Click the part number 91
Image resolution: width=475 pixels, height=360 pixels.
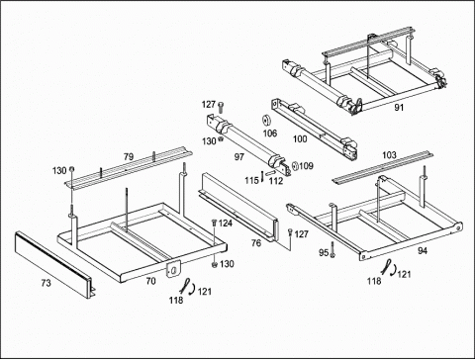(399, 108)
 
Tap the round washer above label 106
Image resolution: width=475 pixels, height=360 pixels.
(266, 121)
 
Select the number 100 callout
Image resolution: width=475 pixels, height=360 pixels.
(300, 139)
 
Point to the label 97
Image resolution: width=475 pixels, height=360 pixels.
(239, 157)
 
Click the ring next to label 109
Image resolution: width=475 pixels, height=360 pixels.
(295, 165)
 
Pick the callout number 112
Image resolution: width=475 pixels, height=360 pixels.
(276, 181)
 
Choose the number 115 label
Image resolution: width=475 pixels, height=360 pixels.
(251, 181)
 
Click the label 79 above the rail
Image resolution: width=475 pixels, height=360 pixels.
(129, 156)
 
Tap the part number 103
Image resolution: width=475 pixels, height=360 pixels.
(389, 155)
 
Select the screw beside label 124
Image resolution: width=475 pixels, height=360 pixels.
(214, 224)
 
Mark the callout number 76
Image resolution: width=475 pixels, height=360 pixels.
(256, 243)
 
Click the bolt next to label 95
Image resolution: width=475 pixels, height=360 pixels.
(332, 249)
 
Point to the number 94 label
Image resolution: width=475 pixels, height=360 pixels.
(423, 250)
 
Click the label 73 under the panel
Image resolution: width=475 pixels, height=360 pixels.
(47, 283)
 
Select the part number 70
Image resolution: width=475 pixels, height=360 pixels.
(150, 281)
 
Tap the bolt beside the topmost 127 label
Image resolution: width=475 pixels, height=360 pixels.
(221, 107)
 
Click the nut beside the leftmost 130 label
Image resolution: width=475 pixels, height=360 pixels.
(71, 170)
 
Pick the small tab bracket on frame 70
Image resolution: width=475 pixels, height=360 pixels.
(173, 269)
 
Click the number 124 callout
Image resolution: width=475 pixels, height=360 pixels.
(226, 224)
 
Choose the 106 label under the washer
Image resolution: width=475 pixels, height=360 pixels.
(270, 134)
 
